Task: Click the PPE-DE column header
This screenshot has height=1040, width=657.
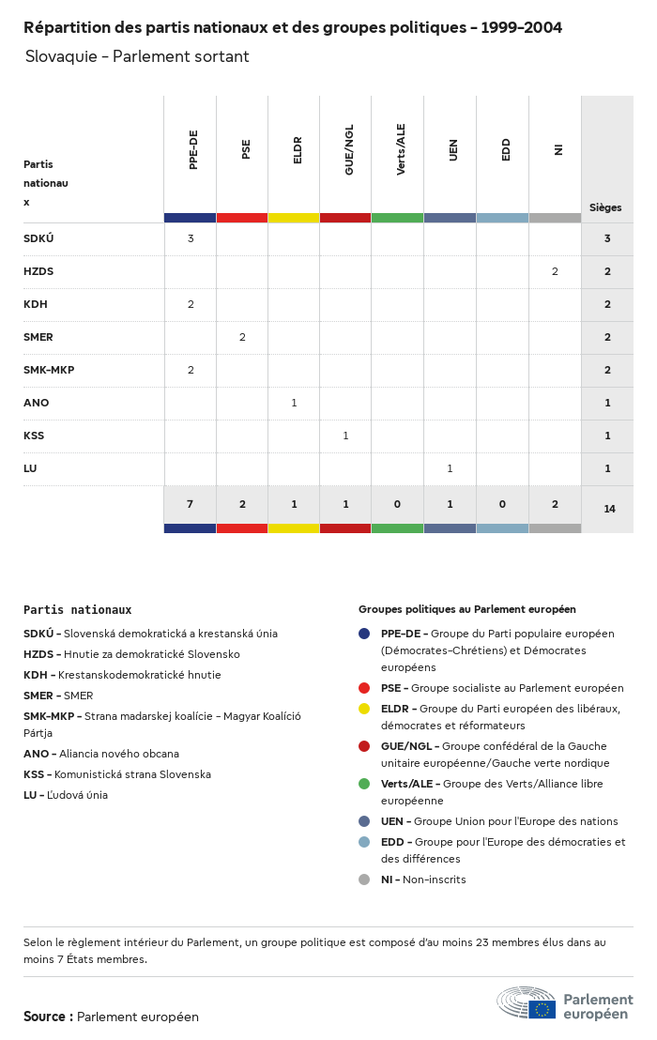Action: pos(193,150)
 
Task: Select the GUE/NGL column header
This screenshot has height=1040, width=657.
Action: pos(349,154)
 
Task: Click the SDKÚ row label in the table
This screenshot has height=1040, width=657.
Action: pos(38,238)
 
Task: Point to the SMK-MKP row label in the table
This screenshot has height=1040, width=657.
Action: pos(49,370)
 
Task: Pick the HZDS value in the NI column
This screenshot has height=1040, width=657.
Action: pos(555,271)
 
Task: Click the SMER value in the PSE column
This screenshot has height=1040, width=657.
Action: pos(242,337)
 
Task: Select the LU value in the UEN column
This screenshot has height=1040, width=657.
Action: pos(450,468)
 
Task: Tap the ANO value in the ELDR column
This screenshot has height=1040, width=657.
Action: pos(294,403)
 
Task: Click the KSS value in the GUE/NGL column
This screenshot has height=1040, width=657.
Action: pos(345,436)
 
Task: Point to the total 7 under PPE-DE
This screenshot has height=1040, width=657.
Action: pos(190,504)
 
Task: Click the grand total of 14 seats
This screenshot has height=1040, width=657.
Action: pos(609,509)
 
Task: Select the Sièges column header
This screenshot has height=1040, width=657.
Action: pos(605,207)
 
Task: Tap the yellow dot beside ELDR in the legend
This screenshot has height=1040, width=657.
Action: pos(364,709)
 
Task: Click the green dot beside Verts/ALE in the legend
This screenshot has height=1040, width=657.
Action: pos(364,784)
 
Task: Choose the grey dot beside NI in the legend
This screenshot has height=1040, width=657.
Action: pos(364,879)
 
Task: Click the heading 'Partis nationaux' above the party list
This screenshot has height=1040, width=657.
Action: pos(77,610)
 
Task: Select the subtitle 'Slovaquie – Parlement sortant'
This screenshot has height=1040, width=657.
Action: pos(137,56)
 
